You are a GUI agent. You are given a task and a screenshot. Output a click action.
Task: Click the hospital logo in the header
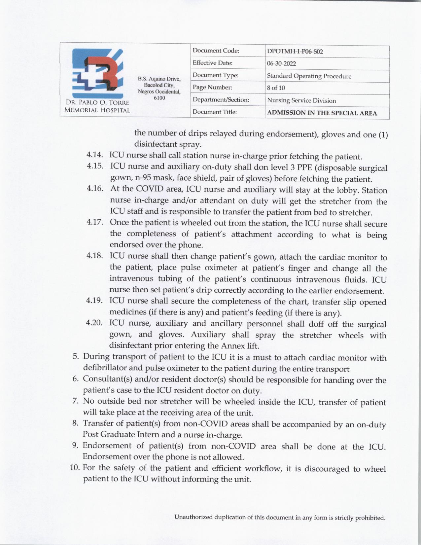pyautogui.click(x=98, y=73)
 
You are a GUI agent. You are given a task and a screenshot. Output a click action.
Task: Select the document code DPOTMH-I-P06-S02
pyautogui.click(x=295, y=52)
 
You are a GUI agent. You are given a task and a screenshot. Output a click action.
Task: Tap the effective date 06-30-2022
pyautogui.click(x=281, y=64)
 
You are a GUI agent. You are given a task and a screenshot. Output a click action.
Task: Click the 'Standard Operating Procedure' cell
pyautogui.click(x=309, y=76)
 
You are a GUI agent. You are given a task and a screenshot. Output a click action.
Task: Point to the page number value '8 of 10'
pyautogui.click(x=276, y=88)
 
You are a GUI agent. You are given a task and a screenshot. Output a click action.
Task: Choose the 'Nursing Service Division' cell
pyautogui.click(x=301, y=100)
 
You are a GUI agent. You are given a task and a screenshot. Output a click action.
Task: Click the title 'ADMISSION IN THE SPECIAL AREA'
pyautogui.click(x=322, y=113)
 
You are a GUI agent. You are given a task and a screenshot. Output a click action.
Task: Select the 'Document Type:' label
pyautogui.click(x=216, y=75)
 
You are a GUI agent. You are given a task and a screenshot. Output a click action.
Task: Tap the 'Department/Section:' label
pyautogui.click(x=221, y=100)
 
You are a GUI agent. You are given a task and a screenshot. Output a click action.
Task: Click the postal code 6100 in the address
pyautogui.click(x=159, y=98)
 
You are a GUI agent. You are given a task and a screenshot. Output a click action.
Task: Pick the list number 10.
pyautogui.click(x=75, y=468)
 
